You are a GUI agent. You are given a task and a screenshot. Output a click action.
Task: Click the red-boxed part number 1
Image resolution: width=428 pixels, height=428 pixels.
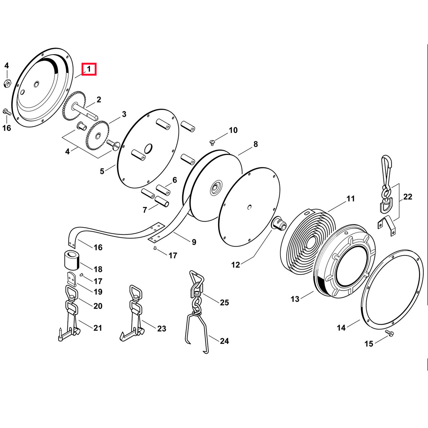coord(89,69)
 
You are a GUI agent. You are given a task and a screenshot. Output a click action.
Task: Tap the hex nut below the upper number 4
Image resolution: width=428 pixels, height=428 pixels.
coord(7,84)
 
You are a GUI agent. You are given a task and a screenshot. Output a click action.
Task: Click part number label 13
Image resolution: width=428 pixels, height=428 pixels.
coord(295,299)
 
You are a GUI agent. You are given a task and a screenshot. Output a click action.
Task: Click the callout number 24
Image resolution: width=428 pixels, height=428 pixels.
coord(224,341)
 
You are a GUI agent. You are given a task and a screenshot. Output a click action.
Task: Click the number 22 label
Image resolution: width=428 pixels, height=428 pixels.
coord(408,197)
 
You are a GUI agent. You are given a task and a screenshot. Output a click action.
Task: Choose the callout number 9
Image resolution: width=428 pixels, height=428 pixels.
coord(194,242)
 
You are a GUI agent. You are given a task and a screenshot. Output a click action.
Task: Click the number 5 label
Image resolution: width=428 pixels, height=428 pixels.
coord(102,171)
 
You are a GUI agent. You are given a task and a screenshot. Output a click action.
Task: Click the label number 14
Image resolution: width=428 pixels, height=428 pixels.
coord(341,328)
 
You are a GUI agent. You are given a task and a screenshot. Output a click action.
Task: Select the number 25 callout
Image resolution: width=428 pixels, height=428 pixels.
coord(224,302)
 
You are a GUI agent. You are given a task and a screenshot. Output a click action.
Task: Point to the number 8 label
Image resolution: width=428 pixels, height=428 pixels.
coord(256,144)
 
